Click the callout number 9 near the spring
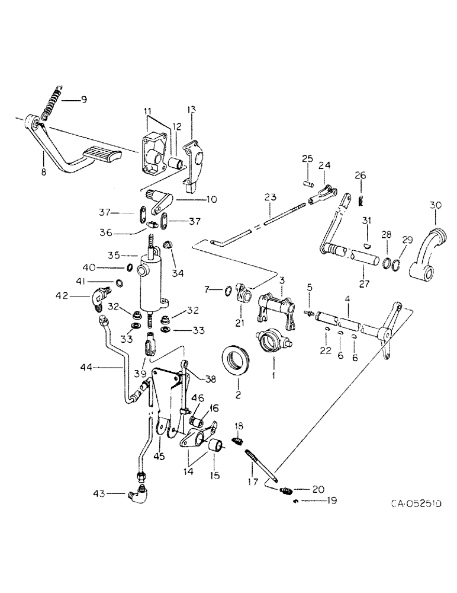[x=83, y=100]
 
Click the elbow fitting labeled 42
[x=100, y=292]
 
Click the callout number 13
[x=191, y=110]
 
